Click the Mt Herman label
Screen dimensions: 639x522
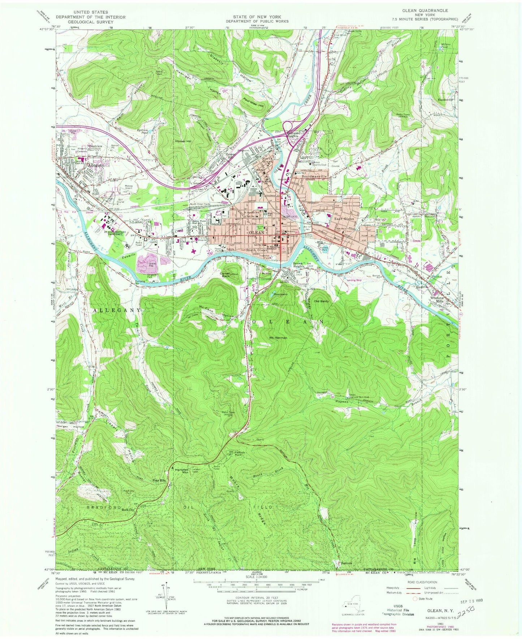coord(278,338)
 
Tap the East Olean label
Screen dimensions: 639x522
coord(343,219)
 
